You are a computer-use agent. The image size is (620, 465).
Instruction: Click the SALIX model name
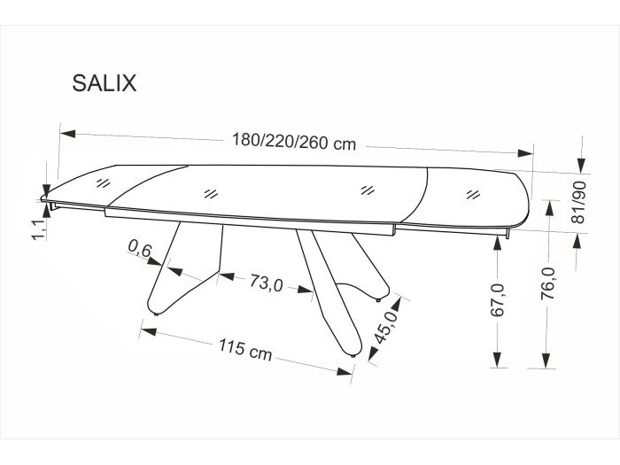(x=105, y=83)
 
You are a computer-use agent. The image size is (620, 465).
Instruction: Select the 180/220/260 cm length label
(x=294, y=142)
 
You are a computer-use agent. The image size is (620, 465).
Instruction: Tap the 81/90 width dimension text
(x=579, y=203)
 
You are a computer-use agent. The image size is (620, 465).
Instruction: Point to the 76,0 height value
(x=549, y=283)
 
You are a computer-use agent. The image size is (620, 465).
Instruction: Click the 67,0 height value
(x=498, y=300)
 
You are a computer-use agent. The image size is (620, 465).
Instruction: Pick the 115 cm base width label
(x=245, y=350)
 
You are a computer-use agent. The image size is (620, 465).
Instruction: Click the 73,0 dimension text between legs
(x=266, y=283)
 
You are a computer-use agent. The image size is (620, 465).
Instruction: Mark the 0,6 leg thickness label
(x=140, y=250)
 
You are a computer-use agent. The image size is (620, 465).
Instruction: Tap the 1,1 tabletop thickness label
(x=40, y=229)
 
